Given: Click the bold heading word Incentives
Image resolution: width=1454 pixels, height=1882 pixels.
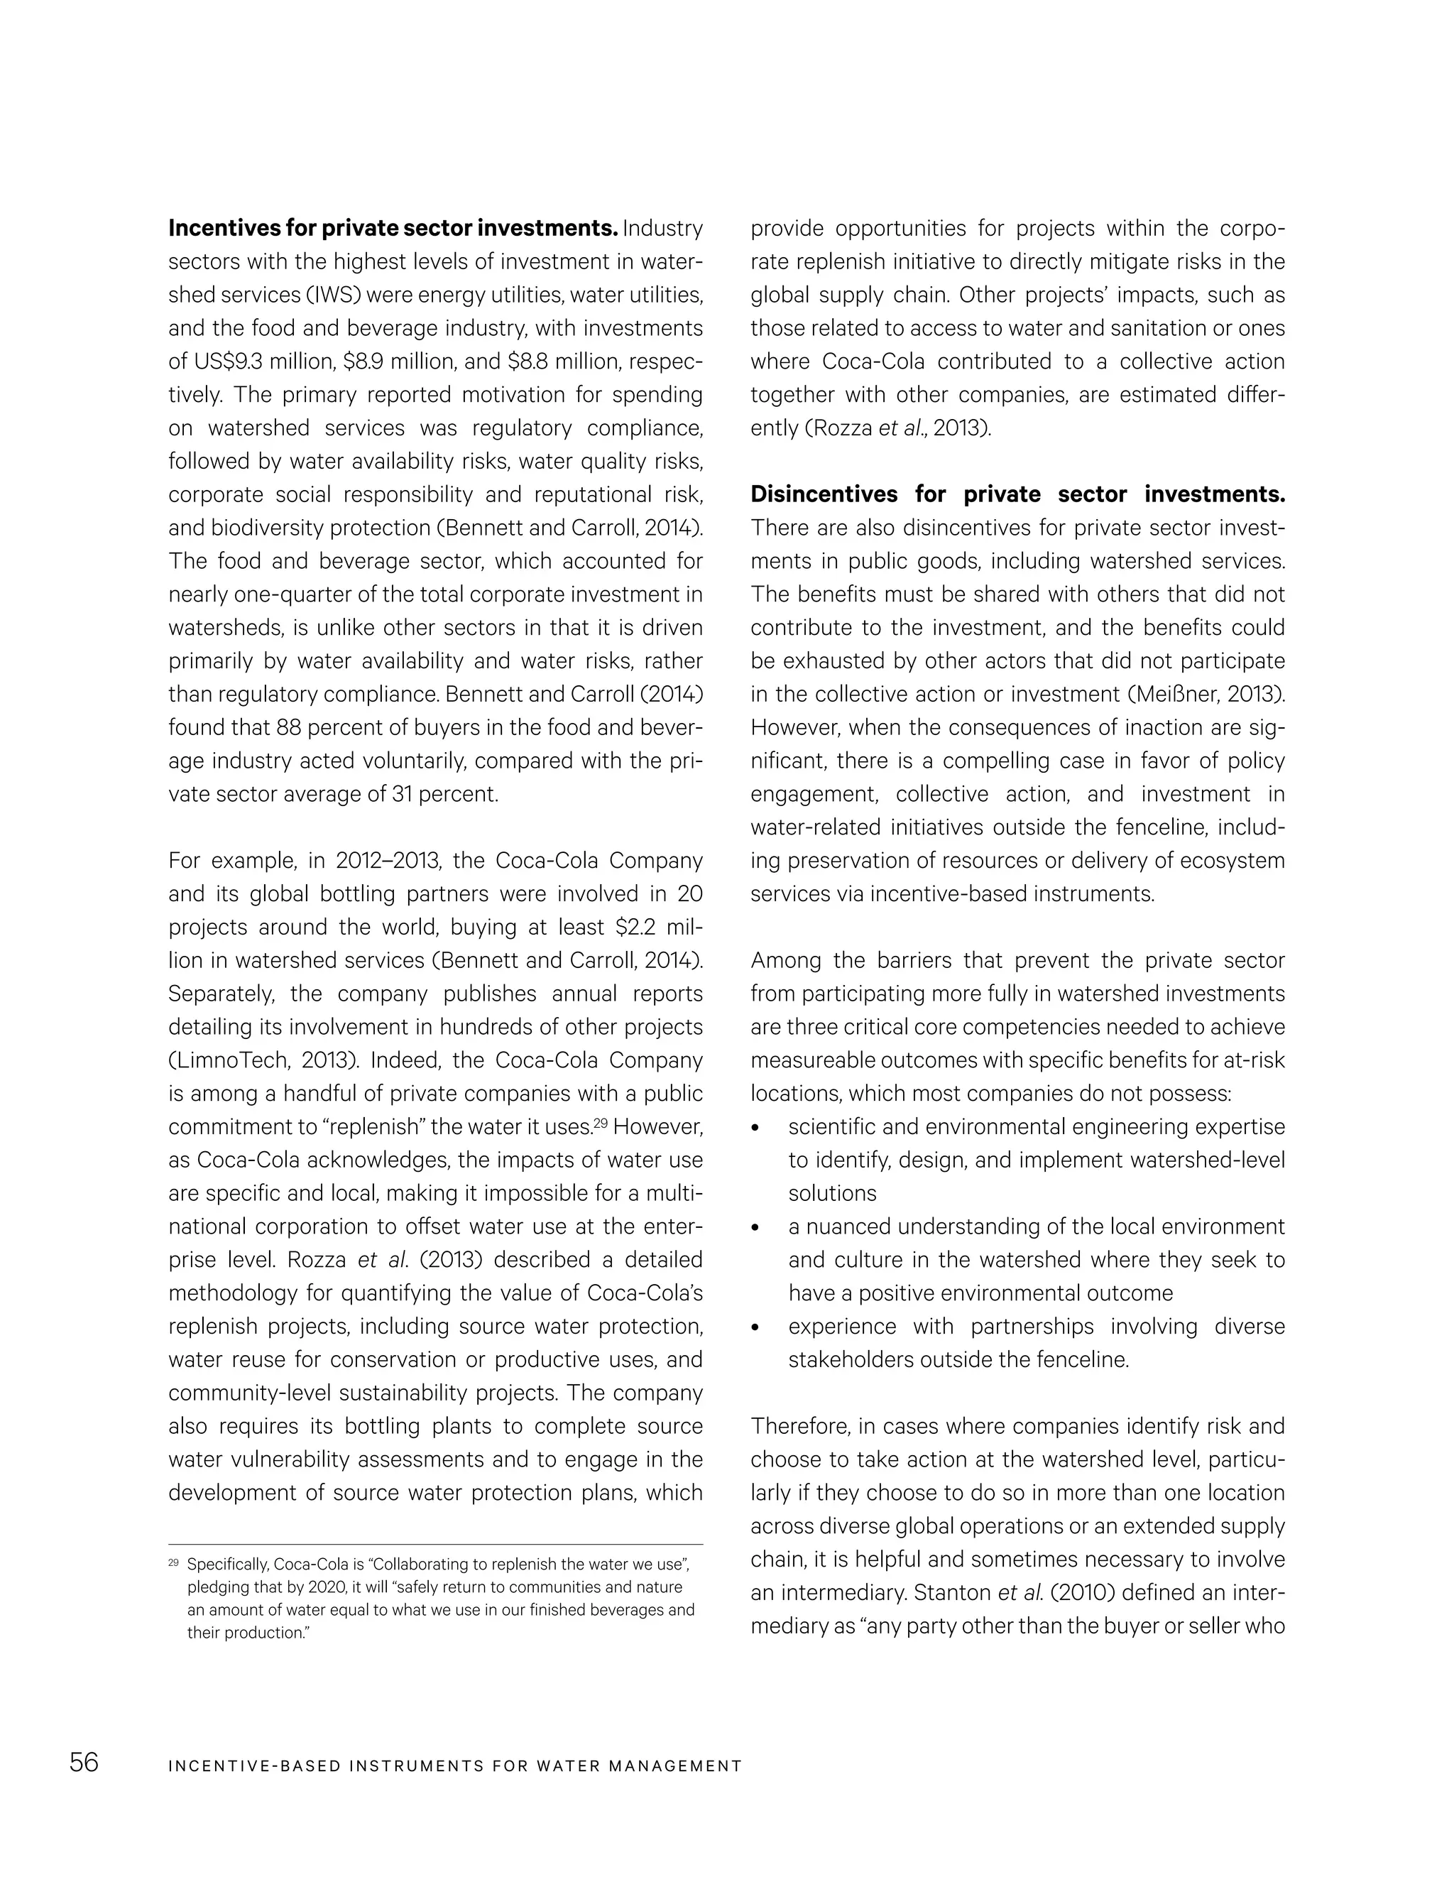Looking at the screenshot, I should pyautogui.click(x=221, y=229).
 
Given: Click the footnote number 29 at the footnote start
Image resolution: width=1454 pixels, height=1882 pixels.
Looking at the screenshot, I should pyautogui.click(x=173, y=1562).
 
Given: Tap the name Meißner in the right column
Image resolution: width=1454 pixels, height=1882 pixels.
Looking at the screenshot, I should pyautogui.click(x=1180, y=695).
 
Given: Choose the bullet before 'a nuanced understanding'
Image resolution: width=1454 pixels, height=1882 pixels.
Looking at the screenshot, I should pyautogui.click(x=755, y=1228).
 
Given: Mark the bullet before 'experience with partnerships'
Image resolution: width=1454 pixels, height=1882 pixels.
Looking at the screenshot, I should pyautogui.click(x=755, y=1328).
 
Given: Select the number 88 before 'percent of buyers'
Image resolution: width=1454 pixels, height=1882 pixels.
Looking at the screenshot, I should pyautogui.click(x=287, y=728).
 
